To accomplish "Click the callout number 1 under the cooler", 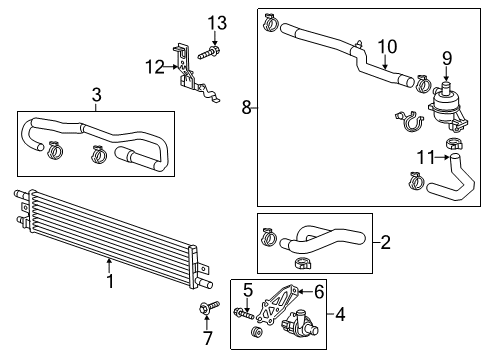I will (x=109, y=281).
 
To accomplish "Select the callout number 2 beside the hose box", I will (x=386, y=241).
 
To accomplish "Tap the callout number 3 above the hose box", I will (x=96, y=96).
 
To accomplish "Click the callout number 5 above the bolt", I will (x=246, y=290).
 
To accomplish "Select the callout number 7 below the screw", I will (x=208, y=338).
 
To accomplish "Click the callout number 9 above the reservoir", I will (x=447, y=58).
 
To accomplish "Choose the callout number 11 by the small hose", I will (x=427, y=158).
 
